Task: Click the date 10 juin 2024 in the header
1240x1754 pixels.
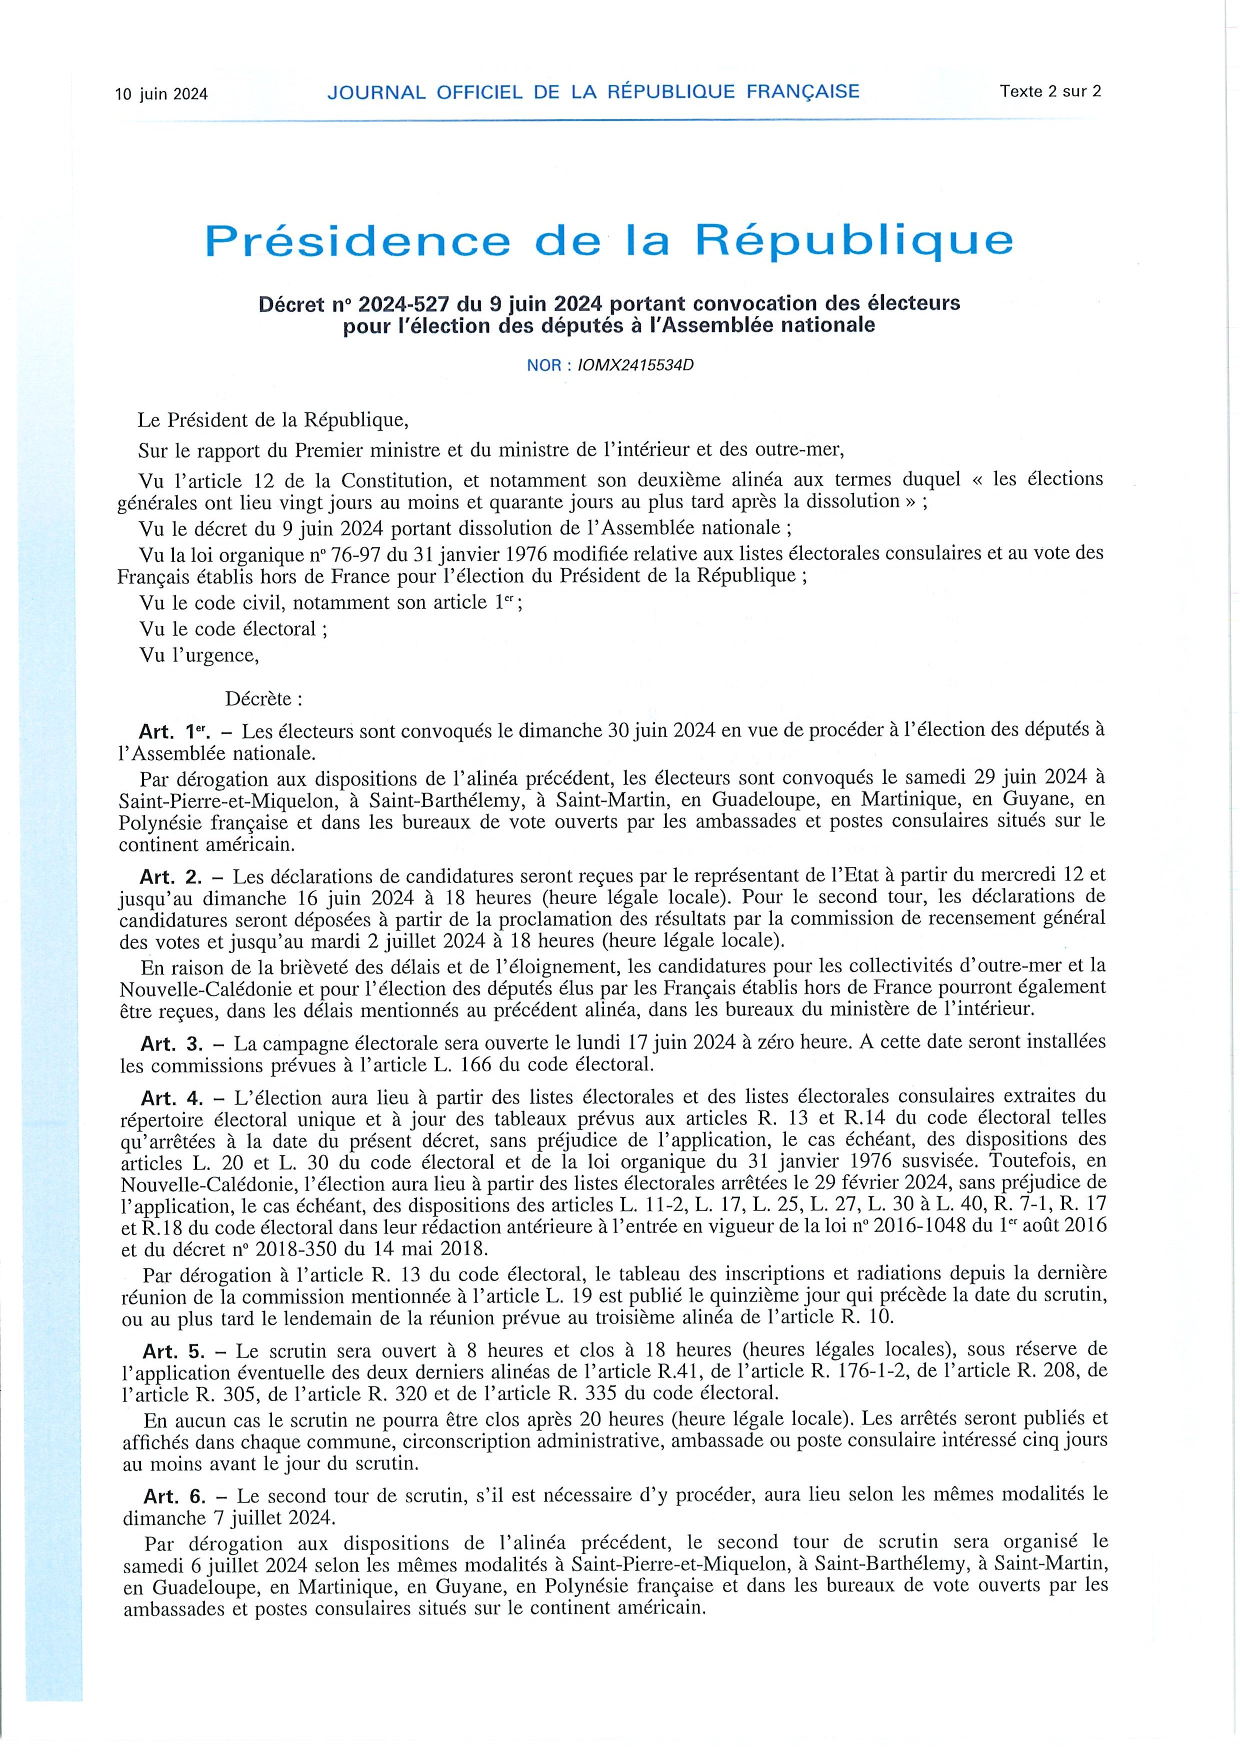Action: [161, 94]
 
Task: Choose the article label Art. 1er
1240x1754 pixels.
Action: [168, 731]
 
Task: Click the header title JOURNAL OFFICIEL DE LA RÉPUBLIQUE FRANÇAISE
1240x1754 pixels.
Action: [593, 91]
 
